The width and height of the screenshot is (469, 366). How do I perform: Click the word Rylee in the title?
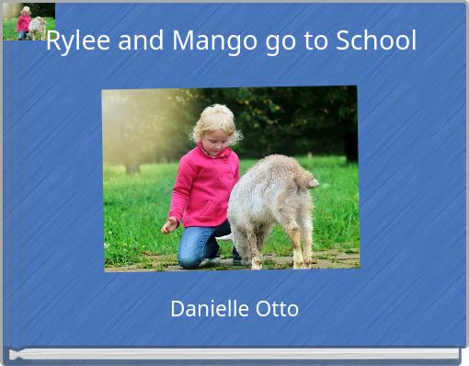[74, 41]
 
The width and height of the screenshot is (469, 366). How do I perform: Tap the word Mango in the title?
[204, 41]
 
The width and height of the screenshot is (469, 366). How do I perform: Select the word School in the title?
[376, 41]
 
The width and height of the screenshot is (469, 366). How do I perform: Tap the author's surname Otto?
[277, 309]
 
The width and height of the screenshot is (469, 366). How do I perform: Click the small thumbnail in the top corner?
[29, 21]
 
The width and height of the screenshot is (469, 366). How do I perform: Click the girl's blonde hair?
[215, 119]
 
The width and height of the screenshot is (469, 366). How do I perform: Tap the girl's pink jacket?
[204, 184]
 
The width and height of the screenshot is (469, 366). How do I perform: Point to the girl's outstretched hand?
[168, 225]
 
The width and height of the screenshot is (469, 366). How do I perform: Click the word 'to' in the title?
[312, 41]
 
